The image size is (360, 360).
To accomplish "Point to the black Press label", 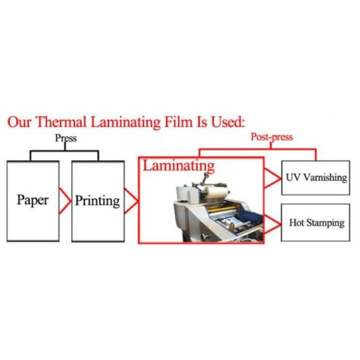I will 66,138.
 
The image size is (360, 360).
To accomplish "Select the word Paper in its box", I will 32,200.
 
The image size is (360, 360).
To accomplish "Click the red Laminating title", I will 178,165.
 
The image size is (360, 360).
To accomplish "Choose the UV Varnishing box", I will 315,178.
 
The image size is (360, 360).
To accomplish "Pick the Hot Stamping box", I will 315,223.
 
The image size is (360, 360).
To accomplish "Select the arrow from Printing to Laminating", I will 131,200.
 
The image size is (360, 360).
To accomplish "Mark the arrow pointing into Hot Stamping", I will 273,223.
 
